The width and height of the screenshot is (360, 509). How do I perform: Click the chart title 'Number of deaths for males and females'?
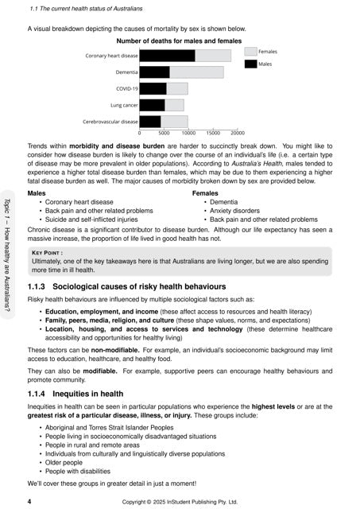point(179,41)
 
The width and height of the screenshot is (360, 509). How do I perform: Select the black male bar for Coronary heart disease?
point(167,56)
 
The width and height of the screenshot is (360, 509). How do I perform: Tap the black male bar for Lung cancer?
point(152,105)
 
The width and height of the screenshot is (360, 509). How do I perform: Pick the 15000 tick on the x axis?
point(213,133)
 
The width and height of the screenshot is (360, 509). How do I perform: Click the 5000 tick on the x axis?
point(164,133)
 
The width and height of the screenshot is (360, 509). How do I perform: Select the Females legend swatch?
point(250,51)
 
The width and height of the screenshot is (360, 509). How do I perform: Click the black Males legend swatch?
point(250,63)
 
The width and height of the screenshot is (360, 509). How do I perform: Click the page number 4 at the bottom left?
point(29,502)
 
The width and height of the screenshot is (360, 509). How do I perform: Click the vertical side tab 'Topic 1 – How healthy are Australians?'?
point(8,251)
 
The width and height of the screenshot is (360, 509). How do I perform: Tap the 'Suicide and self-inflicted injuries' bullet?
point(102,220)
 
